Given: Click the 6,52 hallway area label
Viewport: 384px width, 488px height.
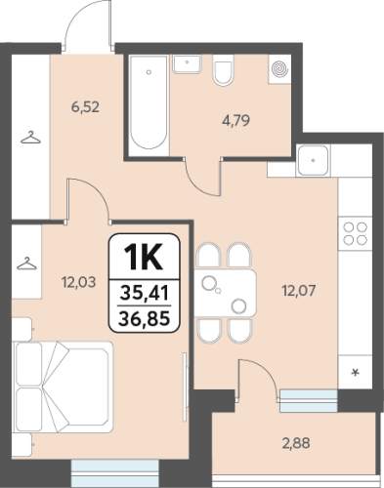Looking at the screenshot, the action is coord(85,107).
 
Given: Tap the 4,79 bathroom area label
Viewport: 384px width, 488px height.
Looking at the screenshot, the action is coord(236,121).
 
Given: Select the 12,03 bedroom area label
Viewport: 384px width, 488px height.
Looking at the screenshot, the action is coord(79,282).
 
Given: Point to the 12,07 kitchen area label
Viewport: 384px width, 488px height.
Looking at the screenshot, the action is coord(299,291).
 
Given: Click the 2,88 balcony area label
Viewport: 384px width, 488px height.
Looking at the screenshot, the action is coord(296,443).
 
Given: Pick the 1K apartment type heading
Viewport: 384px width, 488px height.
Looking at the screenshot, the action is coord(144,258).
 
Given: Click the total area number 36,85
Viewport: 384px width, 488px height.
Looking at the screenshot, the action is coord(144,318).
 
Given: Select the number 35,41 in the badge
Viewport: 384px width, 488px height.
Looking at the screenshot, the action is coord(144,293).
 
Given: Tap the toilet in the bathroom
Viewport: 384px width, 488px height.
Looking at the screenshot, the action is coord(224,70).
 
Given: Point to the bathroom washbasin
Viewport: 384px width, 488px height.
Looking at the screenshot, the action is coord(187,64).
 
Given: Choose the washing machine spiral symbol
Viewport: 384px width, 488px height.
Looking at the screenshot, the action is coord(279,69).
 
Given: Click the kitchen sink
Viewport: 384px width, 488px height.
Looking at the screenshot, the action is coord(313,160).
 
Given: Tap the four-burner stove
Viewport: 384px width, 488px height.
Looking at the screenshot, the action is coord(355,233).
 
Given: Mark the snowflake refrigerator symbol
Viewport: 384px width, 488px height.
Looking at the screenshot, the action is coord(356,372).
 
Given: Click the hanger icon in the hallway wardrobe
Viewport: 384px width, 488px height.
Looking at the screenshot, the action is coord(30,138).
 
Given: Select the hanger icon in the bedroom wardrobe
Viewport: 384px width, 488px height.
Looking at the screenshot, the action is coord(26,264).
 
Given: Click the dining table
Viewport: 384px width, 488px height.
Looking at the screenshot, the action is coord(226,293).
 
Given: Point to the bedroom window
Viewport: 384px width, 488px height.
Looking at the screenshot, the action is coord(115,473).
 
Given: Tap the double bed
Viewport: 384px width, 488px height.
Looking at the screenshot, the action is coord(63,386).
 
